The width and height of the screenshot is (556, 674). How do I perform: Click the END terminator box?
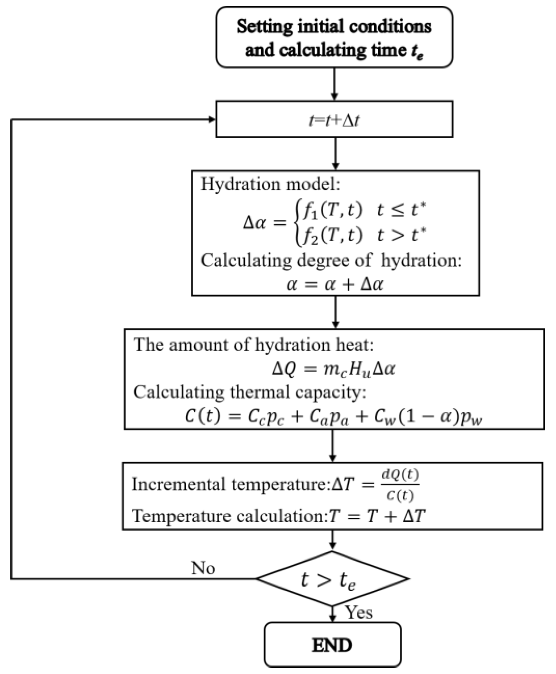333,645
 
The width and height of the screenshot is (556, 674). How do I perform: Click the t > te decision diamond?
333,579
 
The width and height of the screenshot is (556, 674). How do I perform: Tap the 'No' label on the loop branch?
203,568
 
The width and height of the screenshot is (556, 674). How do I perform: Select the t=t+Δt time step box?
334,120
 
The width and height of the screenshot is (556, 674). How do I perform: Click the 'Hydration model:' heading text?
270,184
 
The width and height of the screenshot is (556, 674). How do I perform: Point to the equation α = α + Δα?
335,284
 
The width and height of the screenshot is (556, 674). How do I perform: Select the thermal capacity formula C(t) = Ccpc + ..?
333,417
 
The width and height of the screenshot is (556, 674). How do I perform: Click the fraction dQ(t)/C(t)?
400,485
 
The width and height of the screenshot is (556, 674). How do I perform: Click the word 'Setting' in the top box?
265,27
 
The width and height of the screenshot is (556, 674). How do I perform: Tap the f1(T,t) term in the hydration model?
333,209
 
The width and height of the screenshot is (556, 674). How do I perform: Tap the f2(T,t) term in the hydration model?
333,235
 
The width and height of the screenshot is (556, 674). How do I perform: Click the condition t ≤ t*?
401,209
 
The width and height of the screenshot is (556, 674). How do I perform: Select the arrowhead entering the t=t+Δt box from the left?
212,120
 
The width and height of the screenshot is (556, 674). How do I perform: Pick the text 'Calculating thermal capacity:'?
250,392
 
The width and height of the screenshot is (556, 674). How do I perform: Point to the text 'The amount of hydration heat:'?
254,345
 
